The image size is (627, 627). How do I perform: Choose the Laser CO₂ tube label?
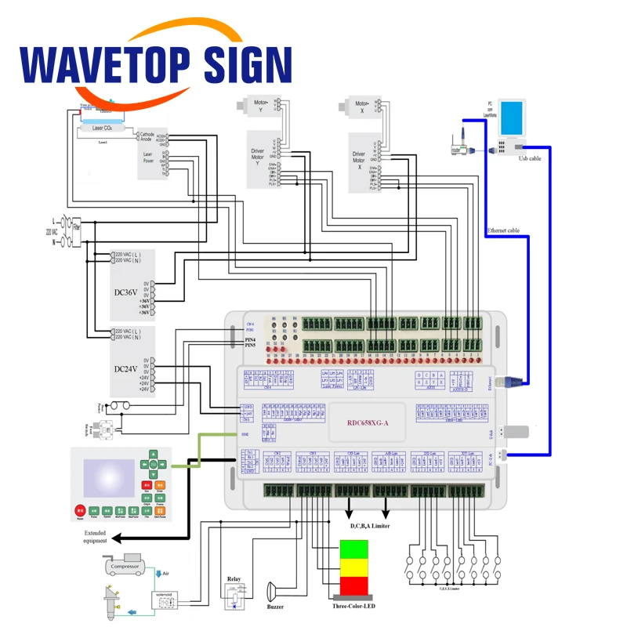[107, 128]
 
